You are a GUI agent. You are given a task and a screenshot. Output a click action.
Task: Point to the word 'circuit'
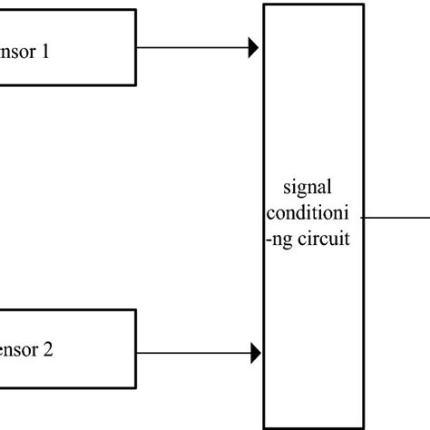point(326,241)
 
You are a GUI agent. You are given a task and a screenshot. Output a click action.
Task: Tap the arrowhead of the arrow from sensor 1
point(254,48)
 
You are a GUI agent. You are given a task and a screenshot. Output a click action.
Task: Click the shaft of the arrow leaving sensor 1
point(191,48)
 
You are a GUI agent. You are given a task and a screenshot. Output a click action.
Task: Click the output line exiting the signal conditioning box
point(399,218)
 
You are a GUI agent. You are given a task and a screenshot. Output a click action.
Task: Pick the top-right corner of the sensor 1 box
point(136,11)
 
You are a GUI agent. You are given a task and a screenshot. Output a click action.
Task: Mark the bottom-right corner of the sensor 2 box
point(136,388)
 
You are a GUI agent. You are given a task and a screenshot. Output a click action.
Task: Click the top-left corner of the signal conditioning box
point(264,4)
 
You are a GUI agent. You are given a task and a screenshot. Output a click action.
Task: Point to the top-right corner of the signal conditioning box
point(366,4)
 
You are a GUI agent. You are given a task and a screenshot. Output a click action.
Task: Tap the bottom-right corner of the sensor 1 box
point(136,85)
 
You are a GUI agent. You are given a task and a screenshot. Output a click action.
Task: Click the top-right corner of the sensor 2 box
point(136,310)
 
